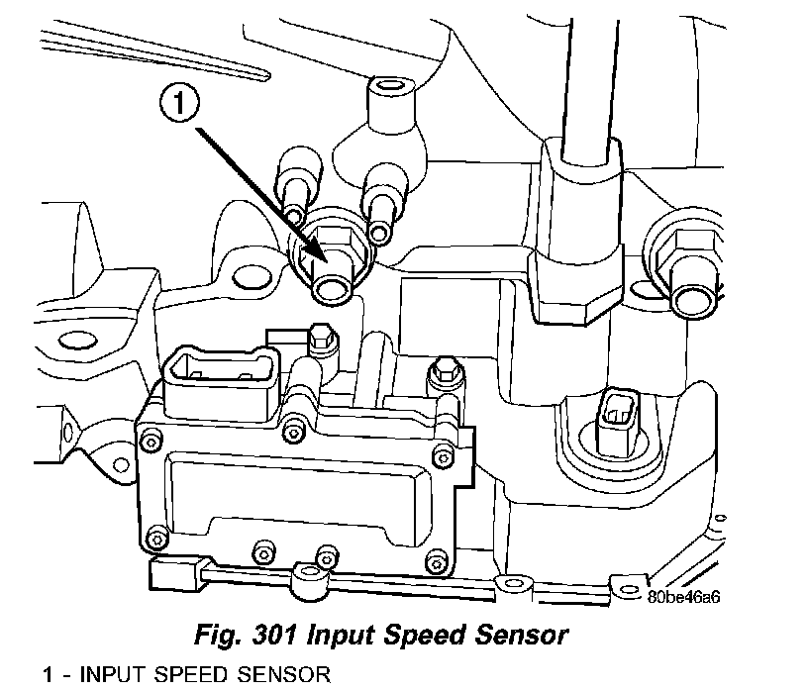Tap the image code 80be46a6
pos(682,597)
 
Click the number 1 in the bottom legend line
pos(48,676)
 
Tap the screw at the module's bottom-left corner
pos(153,539)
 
